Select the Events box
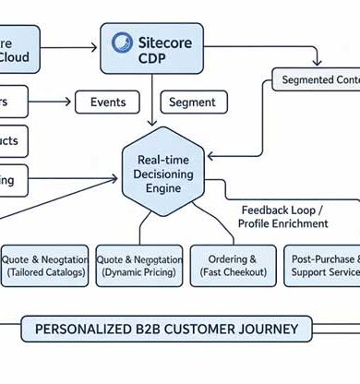click(106, 102)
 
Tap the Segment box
click(193, 102)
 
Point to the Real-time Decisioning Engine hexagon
click(162, 174)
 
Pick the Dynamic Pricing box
click(138, 266)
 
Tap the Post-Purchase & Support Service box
click(320, 266)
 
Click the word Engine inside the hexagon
click(162, 189)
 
